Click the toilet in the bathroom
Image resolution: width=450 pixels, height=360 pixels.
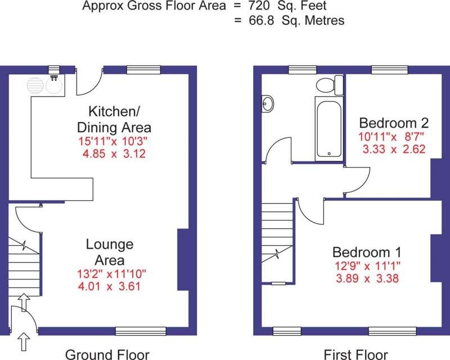pyautogui.click(x=328, y=85)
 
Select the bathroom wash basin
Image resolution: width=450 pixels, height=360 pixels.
pyautogui.click(x=268, y=103)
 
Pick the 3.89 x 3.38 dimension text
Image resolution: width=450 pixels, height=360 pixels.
pyautogui.click(x=366, y=278)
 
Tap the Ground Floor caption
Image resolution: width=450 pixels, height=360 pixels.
pyautogui.click(x=107, y=354)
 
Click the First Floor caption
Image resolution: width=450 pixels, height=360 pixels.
pyautogui.click(x=355, y=354)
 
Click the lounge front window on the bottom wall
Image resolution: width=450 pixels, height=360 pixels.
pyautogui.click(x=141, y=331)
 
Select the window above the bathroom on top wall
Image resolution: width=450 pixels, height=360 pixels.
pyautogui.click(x=303, y=69)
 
